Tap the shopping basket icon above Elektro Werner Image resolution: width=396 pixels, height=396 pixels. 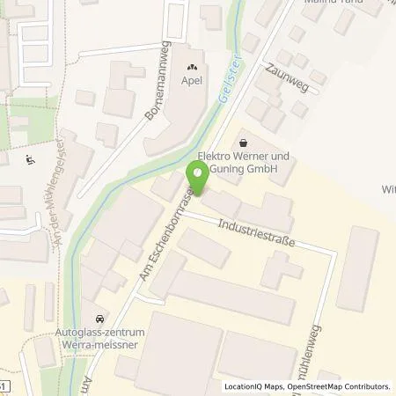(x=243, y=142)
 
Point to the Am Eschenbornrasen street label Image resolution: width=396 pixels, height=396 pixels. (x=163, y=235)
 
